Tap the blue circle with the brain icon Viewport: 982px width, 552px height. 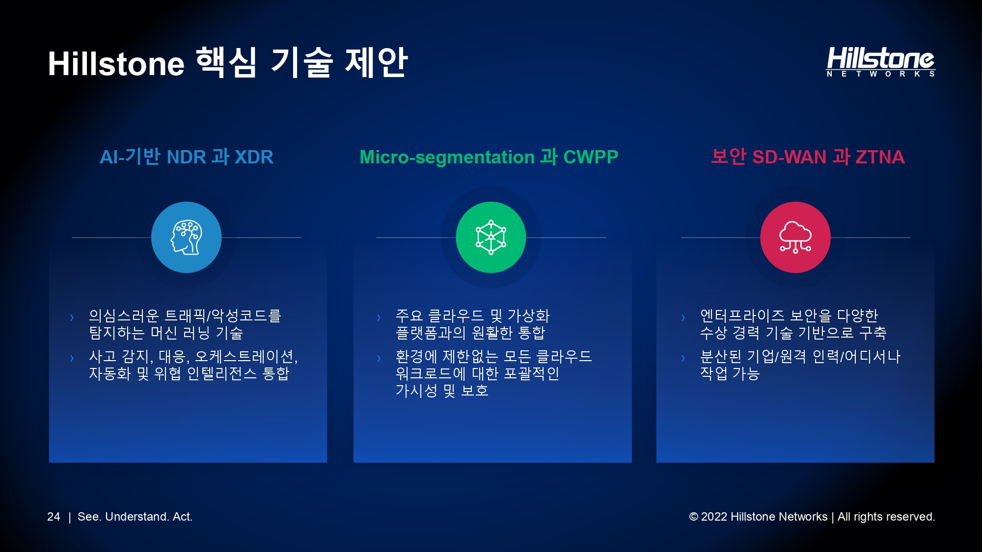(x=187, y=237)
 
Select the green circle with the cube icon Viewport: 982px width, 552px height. (x=491, y=237)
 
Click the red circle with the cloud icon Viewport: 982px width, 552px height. (x=795, y=237)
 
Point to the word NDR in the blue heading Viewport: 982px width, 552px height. (x=187, y=157)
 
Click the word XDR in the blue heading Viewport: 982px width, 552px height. (x=254, y=157)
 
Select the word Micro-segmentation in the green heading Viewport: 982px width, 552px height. (x=447, y=158)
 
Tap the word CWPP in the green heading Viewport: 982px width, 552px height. (x=591, y=157)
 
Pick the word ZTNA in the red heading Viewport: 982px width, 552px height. (x=880, y=157)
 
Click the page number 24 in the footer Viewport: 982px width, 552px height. (x=54, y=517)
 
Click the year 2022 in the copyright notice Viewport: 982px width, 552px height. (x=714, y=517)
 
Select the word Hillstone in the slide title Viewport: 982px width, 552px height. (x=116, y=64)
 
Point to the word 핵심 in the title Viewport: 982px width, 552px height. (x=226, y=62)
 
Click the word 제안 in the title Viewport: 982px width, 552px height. (x=377, y=62)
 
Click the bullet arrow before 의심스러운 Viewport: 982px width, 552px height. (x=72, y=317)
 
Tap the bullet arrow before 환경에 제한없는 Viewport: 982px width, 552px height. (x=379, y=358)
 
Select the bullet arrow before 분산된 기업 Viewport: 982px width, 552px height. (x=683, y=358)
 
